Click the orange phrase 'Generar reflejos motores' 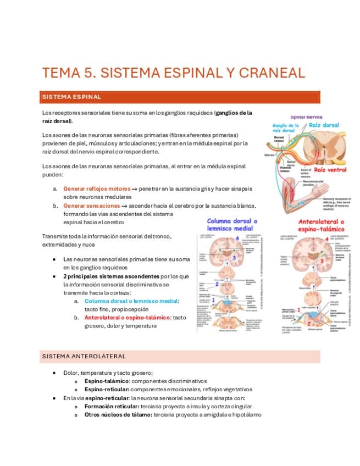[x=97, y=188]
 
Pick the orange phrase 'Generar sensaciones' [x=91, y=206]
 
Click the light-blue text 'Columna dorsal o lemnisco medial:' [x=132, y=301]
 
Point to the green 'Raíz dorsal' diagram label [x=323, y=125]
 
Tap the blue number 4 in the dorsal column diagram [x=237, y=238]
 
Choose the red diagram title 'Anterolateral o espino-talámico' [x=317, y=224]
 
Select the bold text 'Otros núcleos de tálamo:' [x=118, y=414]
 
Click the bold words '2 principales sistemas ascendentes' [x=110, y=276]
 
